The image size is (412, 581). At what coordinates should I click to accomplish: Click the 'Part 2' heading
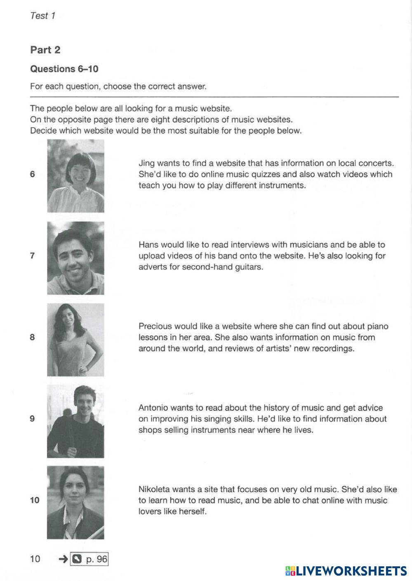tap(45, 50)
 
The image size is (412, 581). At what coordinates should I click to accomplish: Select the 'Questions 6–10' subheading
tap(64, 69)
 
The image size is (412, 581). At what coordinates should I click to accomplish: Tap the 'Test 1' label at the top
tap(42, 16)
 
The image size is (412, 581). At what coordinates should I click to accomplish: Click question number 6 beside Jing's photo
tap(33, 174)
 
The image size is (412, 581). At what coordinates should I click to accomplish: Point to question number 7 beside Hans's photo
tap(33, 256)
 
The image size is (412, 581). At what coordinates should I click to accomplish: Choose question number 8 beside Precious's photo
tap(33, 337)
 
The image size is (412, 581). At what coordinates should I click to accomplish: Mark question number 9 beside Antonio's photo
tap(33, 419)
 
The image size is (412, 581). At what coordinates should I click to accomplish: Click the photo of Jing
tap(75, 176)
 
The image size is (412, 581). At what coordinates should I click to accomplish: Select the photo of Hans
tap(75, 258)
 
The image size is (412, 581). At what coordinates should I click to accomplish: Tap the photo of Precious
tap(75, 340)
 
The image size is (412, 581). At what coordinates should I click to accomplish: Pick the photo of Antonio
tap(75, 421)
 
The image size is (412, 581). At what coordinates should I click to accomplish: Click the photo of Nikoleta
tap(75, 503)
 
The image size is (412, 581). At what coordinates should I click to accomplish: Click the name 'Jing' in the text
tap(146, 163)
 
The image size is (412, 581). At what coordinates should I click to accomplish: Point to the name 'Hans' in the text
tap(148, 245)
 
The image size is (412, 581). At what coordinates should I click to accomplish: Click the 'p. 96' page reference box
tap(89, 559)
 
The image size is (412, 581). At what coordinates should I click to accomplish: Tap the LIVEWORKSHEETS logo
tap(346, 571)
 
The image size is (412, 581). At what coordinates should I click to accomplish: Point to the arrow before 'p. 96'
tap(63, 559)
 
